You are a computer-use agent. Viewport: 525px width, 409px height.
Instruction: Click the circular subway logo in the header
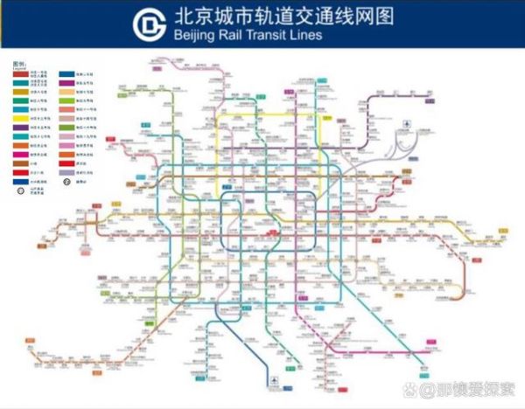click(150, 24)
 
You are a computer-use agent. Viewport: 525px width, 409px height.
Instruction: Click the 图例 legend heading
click(19, 65)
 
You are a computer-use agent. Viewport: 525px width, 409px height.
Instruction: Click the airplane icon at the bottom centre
click(276, 379)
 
